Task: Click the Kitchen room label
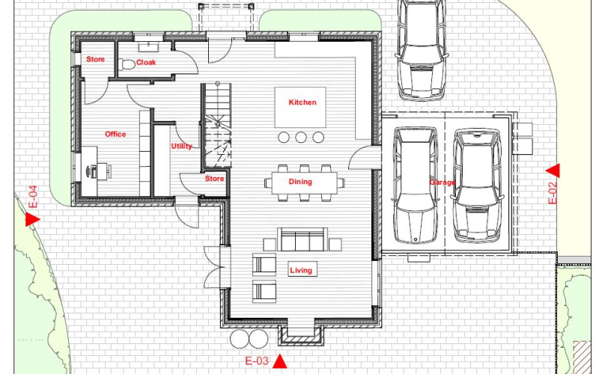pos(302,102)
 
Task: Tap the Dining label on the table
pos(300,182)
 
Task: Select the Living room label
pos(301,271)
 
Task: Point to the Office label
pos(115,134)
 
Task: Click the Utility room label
pos(181,146)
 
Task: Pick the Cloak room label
pos(146,62)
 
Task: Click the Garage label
pos(442,182)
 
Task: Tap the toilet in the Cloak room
pos(127,64)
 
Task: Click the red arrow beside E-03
pos(280,361)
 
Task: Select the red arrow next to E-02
pos(553,171)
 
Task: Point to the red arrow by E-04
pos(32,219)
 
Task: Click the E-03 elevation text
pos(257,361)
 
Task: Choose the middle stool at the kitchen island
pos(301,138)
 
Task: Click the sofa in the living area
pos(302,239)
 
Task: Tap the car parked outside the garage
pos(422,49)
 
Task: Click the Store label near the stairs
pos(214,179)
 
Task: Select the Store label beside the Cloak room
pos(95,59)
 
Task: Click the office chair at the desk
pos(104,171)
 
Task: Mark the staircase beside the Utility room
pos(217,125)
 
